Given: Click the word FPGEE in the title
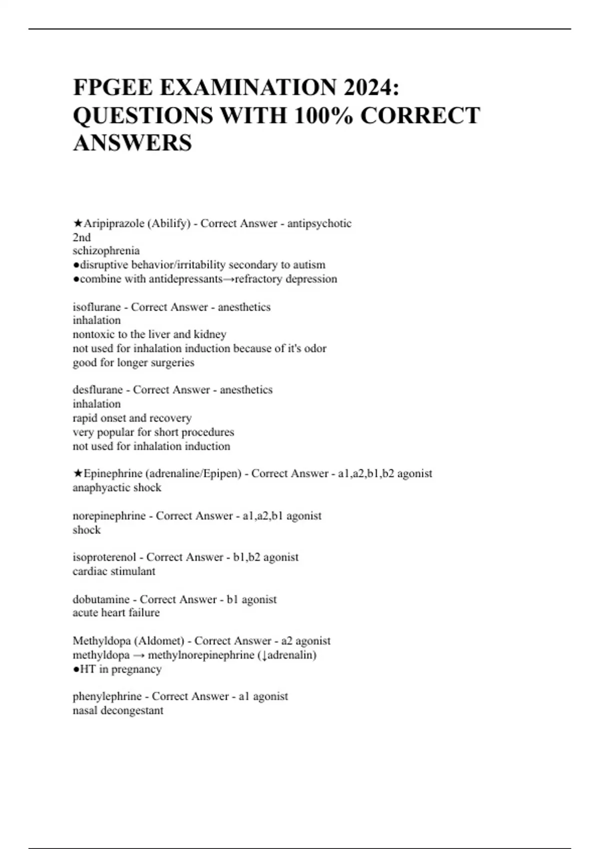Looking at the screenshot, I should point(113,87).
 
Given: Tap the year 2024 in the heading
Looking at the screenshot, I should point(370,87).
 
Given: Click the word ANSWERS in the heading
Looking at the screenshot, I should point(132,143).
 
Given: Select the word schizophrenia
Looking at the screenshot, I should point(106,251).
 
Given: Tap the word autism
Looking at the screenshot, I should point(311,265).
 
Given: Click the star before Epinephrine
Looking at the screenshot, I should point(77,473).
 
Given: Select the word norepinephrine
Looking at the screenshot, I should point(109,515).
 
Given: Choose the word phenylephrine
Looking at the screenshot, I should point(107,696).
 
